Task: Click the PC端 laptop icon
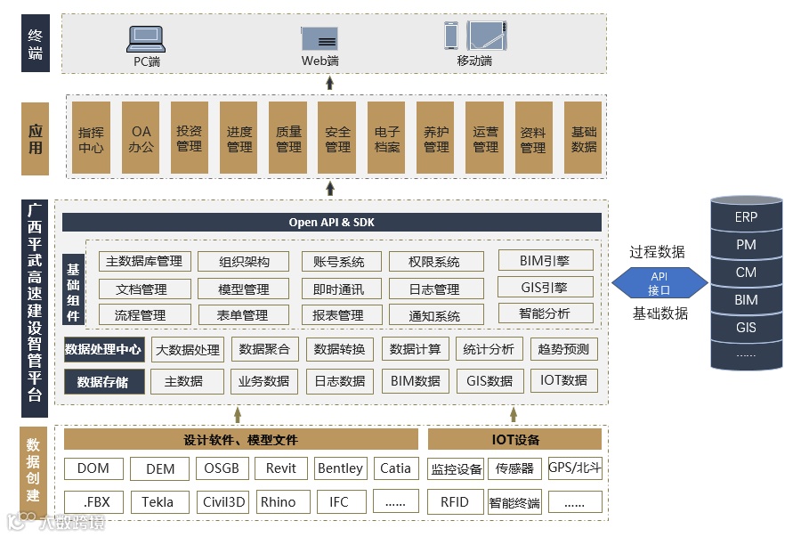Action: [146, 38]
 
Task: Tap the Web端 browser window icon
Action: [319, 38]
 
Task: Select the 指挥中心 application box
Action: [91, 138]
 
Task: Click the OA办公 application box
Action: [141, 138]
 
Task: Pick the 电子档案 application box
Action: [387, 138]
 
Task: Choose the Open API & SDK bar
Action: [331, 223]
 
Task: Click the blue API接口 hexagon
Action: [659, 284]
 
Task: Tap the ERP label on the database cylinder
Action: [746, 217]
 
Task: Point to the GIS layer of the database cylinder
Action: [746, 328]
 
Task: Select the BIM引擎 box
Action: [545, 261]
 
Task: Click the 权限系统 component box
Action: [435, 262]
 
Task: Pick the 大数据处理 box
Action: [188, 350]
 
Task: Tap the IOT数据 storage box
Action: [563, 381]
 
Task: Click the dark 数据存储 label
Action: [102, 382]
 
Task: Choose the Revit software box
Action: [281, 468]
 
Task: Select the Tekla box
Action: [158, 502]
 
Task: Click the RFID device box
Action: [455, 502]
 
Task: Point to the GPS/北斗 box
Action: [574, 468]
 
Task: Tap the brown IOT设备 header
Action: [515, 440]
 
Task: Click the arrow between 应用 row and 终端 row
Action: [330, 83]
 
